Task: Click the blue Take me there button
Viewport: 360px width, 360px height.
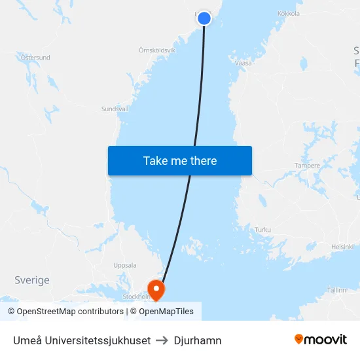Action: coord(180,160)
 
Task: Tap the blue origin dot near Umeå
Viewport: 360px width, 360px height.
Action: coord(204,18)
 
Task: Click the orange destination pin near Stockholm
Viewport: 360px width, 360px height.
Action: coord(156,289)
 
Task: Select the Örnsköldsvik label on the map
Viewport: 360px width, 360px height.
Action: coord(157,50)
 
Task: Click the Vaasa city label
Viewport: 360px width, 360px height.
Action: coord(243,63)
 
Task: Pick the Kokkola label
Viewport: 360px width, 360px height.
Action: coord(289,13)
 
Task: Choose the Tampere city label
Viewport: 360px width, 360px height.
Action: coord(307,166)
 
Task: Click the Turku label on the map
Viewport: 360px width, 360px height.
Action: coord(262,230)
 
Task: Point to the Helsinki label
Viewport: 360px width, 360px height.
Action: coord(342,247)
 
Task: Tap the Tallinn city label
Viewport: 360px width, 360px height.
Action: coord(336,289)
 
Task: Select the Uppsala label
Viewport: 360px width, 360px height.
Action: coord(125,265)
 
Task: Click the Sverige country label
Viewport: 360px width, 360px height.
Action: coord(32,280)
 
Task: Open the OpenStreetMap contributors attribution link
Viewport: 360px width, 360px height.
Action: coord(65,312)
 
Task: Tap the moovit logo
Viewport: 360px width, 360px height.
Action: coord(320,339)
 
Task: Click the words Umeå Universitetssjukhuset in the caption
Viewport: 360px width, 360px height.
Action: coord(82,340)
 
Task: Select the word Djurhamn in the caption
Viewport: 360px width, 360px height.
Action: coord(198,340)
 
